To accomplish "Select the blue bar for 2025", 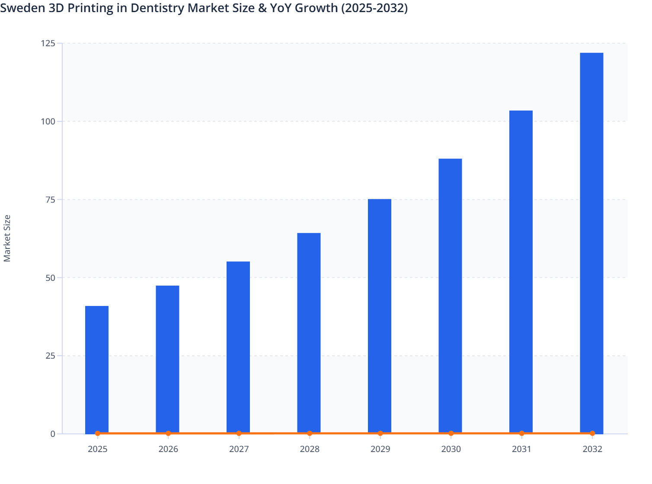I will pyautogui.click(x=97, y=369).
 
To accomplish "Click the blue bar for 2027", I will pyautogui.click(x=238, y=347).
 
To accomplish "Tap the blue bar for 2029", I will pyautogui.click(x=380, y=316).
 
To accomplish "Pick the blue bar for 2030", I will pyautogui.click(x=450, y=296).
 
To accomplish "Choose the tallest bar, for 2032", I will pyautogui.click(x=591, y=243).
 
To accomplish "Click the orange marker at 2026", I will pyautogui.click(x=168, y=433).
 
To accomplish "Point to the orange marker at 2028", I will pyautogui.click(x=310, y=433).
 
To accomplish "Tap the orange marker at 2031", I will pyautogui.click(x=521, y=433).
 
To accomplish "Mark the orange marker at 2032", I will pyautogui.click(x=592, y=433).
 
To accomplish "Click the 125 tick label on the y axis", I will pyautogui.click(x=48, y=43).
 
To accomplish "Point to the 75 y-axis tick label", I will pyautogui.click(x=50, y=200).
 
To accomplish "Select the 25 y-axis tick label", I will pyautogui.click(x=50, y=356).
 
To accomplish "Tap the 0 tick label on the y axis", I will pyautogui.click(x=53, y=434).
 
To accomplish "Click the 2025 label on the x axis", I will pyautogui.click(x=98, y=449).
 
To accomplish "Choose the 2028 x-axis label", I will pyautogui.click(x=310, y=449).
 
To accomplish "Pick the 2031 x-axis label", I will pyautogui.click(x=521, y=449).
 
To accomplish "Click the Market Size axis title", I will pyautogui.click(x=7, y=238).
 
